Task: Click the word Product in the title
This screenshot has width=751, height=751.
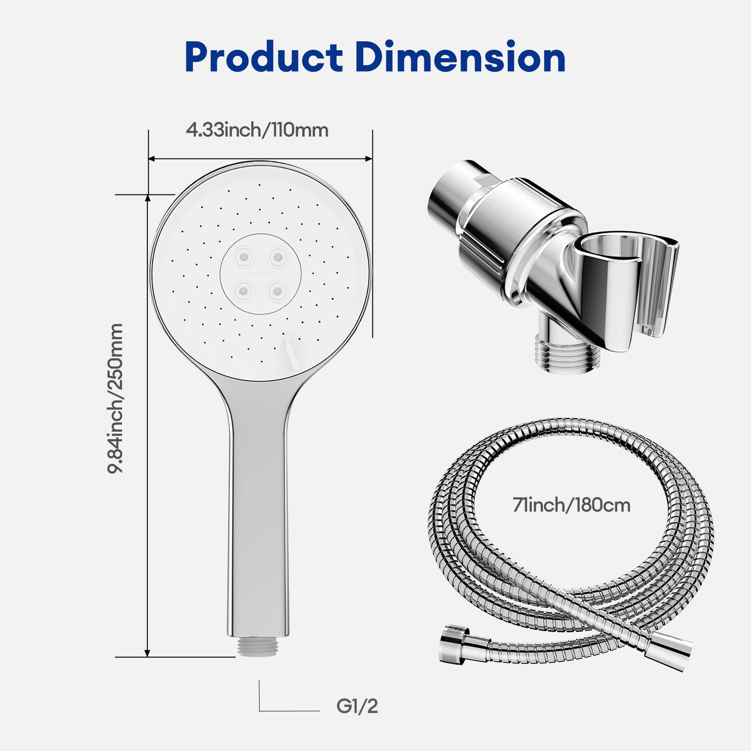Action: point(263,58)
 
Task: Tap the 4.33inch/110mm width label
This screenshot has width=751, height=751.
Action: point(257,130)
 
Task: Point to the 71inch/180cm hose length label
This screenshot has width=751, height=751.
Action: point(572,505)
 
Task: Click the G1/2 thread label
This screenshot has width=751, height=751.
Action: point(357,706)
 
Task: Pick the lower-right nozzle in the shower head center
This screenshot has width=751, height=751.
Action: point(277,291)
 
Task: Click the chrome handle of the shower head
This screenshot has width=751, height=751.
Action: point(259,507)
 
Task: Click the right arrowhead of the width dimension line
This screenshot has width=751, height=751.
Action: point(369,158)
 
